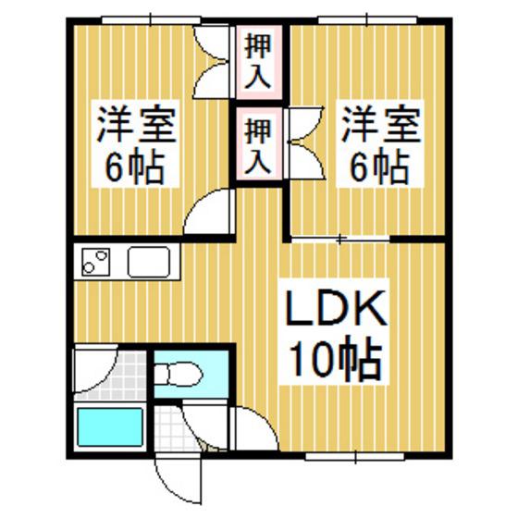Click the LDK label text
(x=336, y=309)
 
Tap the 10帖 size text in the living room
(x=337, y=358)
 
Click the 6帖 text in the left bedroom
(x=135, y=168)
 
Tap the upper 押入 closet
(x=259, y=62)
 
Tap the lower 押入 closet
(x=259, y=143)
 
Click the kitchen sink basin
(x=149, y=262)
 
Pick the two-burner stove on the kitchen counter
(x=96, y=262)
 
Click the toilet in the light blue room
(x=179, y=374)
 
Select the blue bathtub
(x=110, y=427)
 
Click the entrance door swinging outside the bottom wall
(x=179, y=483)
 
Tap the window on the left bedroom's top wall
(x=151, y=19)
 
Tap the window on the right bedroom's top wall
(x=367, y=19)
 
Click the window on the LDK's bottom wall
(x=355, y=457)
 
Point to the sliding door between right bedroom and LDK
(x=340, y=239)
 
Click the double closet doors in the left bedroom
(x=212, y=62)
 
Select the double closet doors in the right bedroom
(x=305, y=142)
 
